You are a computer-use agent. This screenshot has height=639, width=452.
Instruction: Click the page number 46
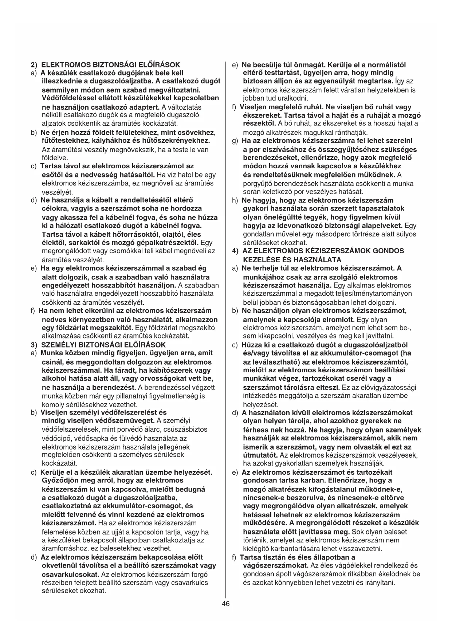(225, 604)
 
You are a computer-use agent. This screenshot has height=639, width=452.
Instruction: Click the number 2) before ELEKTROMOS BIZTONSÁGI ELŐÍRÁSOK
(34, 65)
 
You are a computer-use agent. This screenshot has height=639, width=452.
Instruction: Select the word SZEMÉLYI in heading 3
(58, 345)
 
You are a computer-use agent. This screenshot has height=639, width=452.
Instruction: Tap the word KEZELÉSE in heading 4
(258, 260)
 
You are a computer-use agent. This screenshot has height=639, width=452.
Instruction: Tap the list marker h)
(235, 200)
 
